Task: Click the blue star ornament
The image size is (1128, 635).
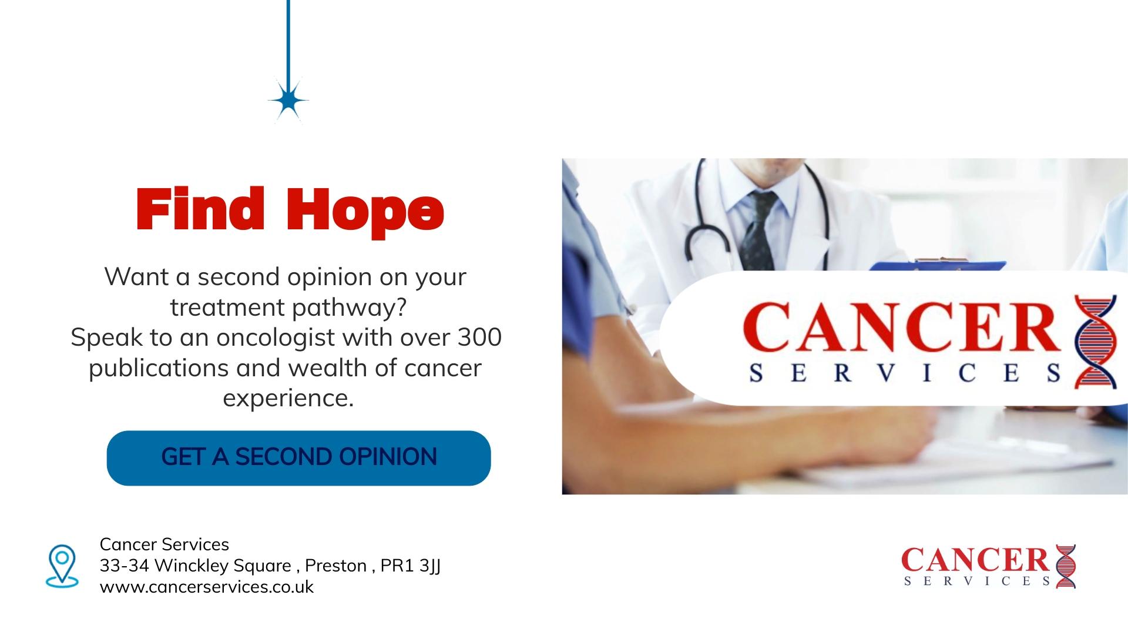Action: point(288,101)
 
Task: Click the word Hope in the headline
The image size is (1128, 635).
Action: point(365,212)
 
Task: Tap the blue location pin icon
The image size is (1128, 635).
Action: point(62,566)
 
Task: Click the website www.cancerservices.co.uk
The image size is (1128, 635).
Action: point(207,587)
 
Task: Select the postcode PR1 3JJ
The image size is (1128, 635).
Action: point(411,566)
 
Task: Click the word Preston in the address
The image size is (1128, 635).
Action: point(336,566)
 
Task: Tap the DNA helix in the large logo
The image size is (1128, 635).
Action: point(1095,342)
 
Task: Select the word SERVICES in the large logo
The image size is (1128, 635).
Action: point(905,374)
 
